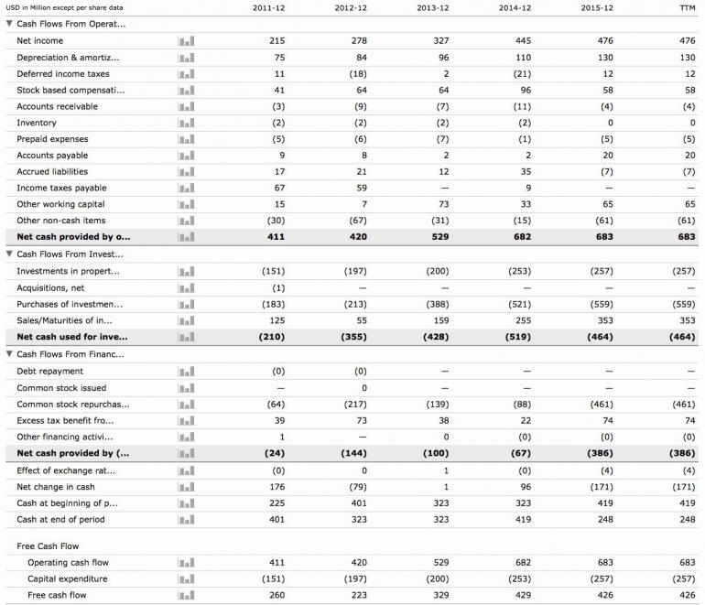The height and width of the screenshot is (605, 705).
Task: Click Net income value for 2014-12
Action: pos(522,41)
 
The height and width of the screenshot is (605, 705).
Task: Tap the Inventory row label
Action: pos(37,123)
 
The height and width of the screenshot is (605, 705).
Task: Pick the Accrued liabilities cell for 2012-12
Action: pos(358,172)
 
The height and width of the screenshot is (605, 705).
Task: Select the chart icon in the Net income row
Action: pos(186,41)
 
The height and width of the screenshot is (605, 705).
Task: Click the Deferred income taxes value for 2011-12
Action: pos(279,74)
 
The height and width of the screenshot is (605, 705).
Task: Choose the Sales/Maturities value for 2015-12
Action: pos(605,320)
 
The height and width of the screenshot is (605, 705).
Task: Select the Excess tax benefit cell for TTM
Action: pos(689,421)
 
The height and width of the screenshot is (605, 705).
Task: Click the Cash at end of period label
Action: pos(60,520)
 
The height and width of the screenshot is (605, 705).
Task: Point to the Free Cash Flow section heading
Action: pos(49,546)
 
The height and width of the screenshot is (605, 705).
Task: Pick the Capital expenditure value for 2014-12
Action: pos(519,578)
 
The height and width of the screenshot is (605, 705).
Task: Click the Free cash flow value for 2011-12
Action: pos(277,595)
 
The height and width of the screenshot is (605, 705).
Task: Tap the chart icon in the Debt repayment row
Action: pos(186,372)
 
